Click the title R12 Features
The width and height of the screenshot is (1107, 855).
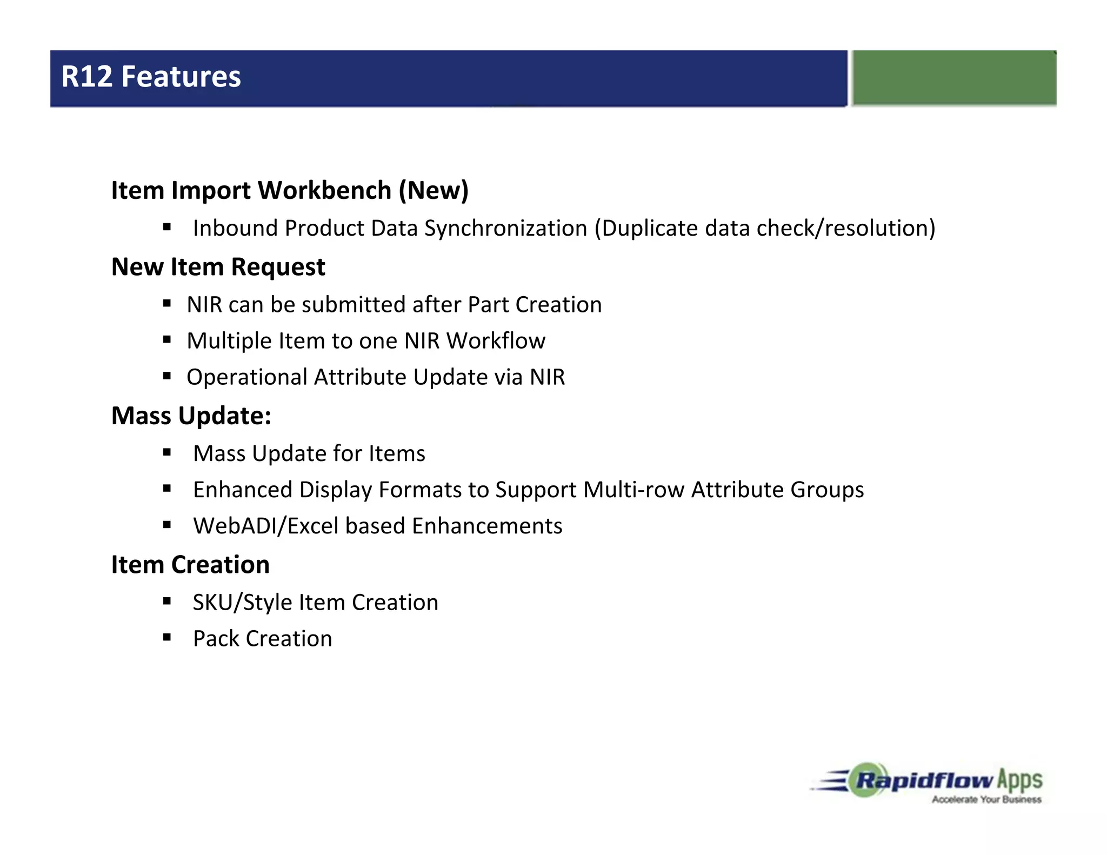[x=151, y=77]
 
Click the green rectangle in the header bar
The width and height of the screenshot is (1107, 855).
[x=953, y=77]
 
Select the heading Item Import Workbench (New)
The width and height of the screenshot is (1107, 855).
[x=290, y=190]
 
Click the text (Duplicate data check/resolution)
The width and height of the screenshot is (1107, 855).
[x=765, y=228]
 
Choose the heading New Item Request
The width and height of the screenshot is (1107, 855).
[x=218, y=267]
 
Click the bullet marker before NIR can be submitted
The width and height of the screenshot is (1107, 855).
[x=167, y=304]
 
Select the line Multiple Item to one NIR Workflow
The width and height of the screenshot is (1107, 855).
[x=366, y=341]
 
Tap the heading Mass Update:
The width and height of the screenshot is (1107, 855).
[x=191, y=416]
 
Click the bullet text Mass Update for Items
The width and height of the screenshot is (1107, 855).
[x=309, y=453]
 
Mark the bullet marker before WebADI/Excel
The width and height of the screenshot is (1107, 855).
[x=167, y=525]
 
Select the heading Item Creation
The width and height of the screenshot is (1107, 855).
[x=190, y=565]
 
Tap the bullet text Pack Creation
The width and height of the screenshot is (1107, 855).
[x=262, y=639]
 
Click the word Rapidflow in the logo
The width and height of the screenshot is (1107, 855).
[x=925, y=780]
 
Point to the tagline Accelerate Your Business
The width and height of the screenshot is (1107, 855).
[x=986, y=799]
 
